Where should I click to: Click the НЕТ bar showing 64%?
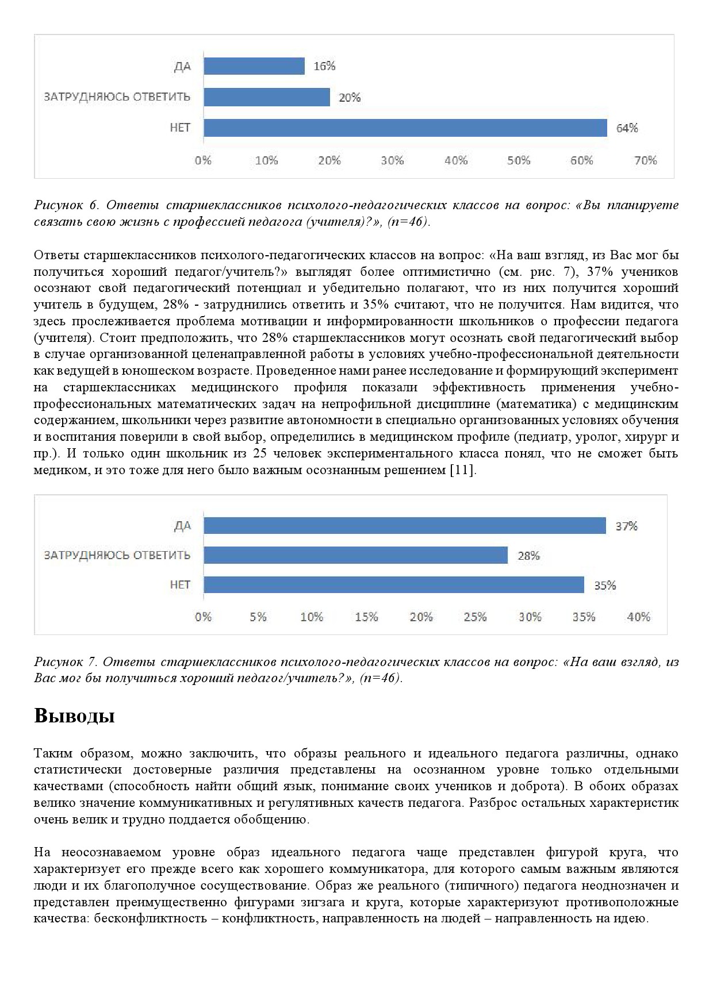(x=405, y=128)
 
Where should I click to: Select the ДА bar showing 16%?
(x=254, y=66)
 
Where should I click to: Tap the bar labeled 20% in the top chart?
(x=267, y=97)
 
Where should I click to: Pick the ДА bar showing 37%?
(x=405, y=526)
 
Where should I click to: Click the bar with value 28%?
(x=355, y=555)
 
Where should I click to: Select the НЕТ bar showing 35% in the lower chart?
(x=394, y=585)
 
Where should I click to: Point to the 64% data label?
(x=627, y=128)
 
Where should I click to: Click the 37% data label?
(x=626, y=526)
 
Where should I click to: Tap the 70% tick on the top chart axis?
(x=645, y=161)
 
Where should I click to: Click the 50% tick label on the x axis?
(x=519, y=161)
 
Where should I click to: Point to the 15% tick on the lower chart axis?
(x=366, y=617)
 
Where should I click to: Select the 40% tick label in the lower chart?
(x=639, y=617)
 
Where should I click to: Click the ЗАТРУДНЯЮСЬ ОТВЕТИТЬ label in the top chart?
(x=117, y=97)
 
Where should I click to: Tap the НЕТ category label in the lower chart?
(x=180, y=584)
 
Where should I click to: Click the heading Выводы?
(x=74, y=716)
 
